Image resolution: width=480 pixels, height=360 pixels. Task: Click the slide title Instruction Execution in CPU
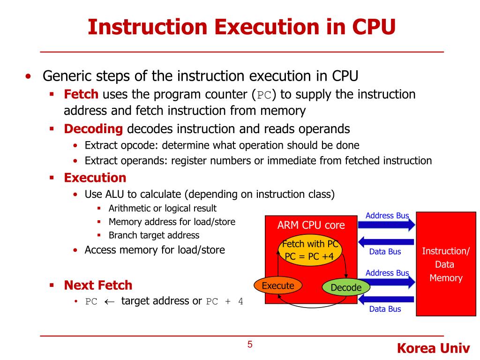point(241,27)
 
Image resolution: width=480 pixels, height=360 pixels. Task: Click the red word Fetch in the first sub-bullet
point(81,95)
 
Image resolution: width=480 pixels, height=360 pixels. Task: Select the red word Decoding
point(93,129)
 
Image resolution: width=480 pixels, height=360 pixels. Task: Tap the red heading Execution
point(95,178)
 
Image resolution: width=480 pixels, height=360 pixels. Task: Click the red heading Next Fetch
point(98,285)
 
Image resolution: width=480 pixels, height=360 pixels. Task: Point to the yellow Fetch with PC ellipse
point(309,250)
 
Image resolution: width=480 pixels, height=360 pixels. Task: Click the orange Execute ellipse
point(278,286)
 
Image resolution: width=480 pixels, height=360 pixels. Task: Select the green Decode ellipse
point(346,288)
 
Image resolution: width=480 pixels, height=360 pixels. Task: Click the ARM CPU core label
point(311,225)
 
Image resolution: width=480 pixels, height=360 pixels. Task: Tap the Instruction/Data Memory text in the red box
point(446,264)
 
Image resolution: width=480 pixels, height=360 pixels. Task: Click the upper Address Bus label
point(387,216)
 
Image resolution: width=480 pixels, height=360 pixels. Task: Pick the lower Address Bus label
point(387,273)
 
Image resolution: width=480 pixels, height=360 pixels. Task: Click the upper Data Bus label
point(385,252)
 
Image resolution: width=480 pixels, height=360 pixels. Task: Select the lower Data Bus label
point(385,309)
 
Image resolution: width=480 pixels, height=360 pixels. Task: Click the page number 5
point(250,345)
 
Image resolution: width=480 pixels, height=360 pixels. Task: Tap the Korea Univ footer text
point(433,348)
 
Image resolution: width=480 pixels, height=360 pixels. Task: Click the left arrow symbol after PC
point(109,301)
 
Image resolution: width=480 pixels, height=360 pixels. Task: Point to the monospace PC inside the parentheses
point(264,96)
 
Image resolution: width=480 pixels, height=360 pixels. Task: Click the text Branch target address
point(154,235)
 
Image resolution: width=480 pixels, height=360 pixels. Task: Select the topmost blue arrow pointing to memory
point(387,225)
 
